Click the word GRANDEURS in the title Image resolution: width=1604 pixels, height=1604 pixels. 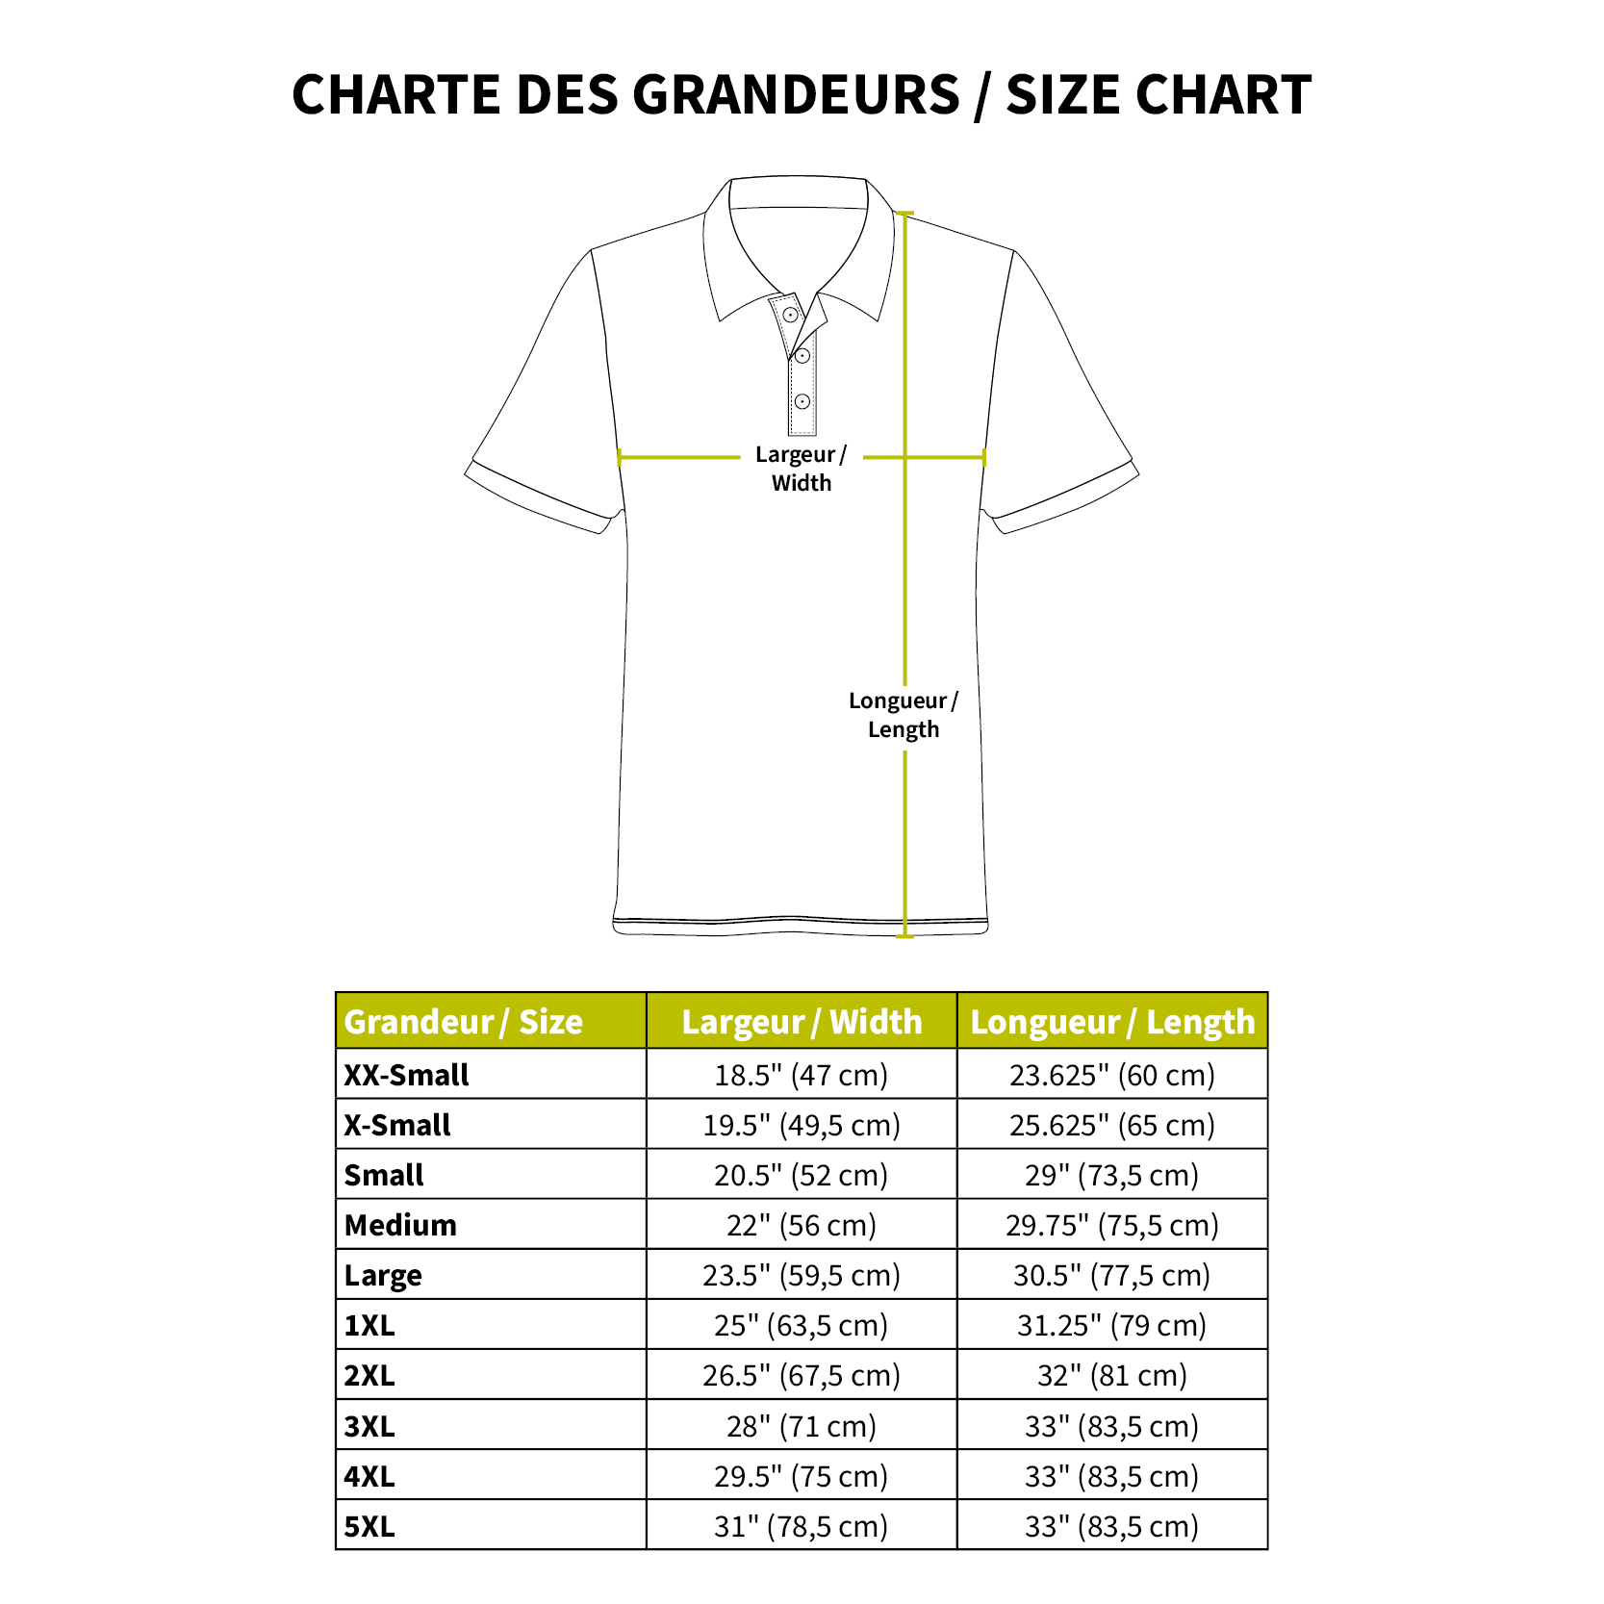(x=796, y=95)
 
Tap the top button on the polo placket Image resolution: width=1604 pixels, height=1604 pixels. (x=790, y=315)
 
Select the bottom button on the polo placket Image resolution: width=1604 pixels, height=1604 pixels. (x=802, y=401)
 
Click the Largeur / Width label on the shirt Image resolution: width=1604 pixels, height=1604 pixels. (x=801, y=469)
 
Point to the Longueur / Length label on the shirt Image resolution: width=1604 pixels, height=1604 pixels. (x=903, y=715)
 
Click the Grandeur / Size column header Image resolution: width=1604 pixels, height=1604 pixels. (x=463, y=1022)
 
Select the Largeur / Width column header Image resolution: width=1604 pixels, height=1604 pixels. (x=802, y=1022)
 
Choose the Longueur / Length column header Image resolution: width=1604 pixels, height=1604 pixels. (x=1112, y=1022)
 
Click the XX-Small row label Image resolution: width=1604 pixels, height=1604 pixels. (x=406, y=1075)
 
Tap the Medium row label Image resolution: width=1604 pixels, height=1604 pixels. (x=400, y=1225)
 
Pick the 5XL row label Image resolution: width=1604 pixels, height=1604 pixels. (x=369, y=1526)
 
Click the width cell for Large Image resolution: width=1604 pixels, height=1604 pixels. (x=802, y=1275)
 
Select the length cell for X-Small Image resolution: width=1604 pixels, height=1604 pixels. (x=1112, y=1125)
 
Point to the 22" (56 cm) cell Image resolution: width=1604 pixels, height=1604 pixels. (x=802, y=1225)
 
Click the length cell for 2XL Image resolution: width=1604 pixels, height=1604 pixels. (x=1112, y=1375)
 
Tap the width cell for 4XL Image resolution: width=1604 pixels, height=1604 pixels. (x=802, y=1476)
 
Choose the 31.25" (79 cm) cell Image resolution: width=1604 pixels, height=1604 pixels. (x=1112, y=1325)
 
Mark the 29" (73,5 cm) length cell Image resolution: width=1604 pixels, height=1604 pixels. (x=1112, y=1175)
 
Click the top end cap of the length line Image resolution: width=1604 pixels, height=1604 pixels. (x=904, y=214)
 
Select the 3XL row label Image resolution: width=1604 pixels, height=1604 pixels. (x=369, y=1426)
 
